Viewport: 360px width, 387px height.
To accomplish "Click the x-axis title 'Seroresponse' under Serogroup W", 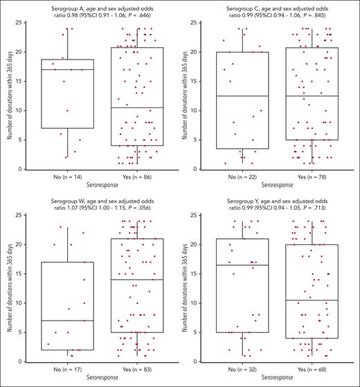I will (x=102, y=381).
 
